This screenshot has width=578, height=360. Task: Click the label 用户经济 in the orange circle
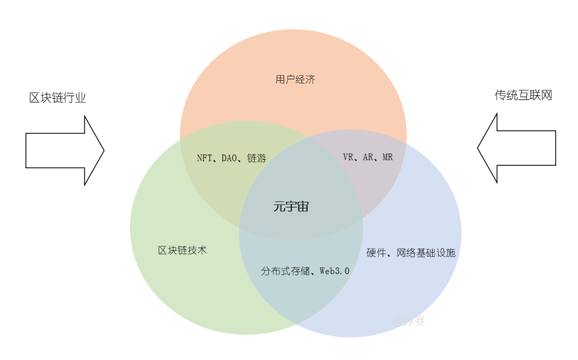pyautogui.click(x=295, y=79)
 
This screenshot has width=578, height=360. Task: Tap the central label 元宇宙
pyautogui.click(x=291, y=206)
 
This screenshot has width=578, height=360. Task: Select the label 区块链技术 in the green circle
pyautogui.click(x=182, y=251)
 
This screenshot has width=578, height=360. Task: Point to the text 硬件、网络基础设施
pyautogui.click(x=411, y=253)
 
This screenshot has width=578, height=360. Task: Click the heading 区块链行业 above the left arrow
pyautogui.click(x=57, y=98)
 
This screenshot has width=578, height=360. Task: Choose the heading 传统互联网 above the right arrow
pyautogui.click(x=524, y=95)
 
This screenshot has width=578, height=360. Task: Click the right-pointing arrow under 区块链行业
pyautogui.click(x=65, y=151)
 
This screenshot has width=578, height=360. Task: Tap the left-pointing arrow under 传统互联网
pyautogui.click(x=516, y=148)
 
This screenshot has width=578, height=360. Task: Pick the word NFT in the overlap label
pyautogui.click(x=204, y=158)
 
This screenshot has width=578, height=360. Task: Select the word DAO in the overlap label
pyautogui.click(x=229, y=158)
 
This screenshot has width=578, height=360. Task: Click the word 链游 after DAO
pyautogui.click(x=257, y=158)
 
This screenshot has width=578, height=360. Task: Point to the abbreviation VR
pyautogui.click(x=348, y=157)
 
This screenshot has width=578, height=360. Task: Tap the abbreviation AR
pyautogui.click(x=368, y=157)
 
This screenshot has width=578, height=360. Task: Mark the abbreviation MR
pyautogui.click(x=388, y=157)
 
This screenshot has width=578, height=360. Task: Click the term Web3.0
pyautogui.click(x=334, y=271)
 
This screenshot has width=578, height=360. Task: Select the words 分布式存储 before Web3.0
pyautogui.click(x=285, y=271)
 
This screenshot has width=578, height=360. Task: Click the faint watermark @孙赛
pyautogui.click(x=408, y=321)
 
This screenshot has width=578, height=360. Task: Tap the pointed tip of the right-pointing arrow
pyautogui.click(x=104, y=151)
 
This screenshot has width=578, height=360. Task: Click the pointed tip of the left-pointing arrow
pyautogui.click(x=477, y=148)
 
